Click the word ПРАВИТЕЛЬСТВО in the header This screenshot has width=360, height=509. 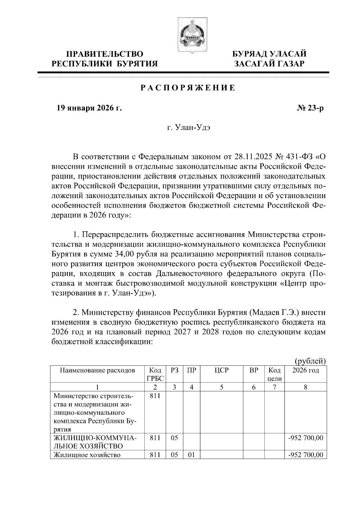tap(105, 54)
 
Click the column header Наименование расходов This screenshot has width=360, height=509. tap(97, 371)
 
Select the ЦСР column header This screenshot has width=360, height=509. tap(221, 371)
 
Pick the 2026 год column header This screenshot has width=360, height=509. tap(305, 371)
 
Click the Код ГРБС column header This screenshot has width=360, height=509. tap(155, 374)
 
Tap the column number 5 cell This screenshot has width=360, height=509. tap(221, 387)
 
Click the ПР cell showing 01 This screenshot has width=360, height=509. tap(191, 455)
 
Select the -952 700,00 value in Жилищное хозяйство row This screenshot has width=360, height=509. tap(305, 455)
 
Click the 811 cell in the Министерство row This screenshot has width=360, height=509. tap(155, 396)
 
